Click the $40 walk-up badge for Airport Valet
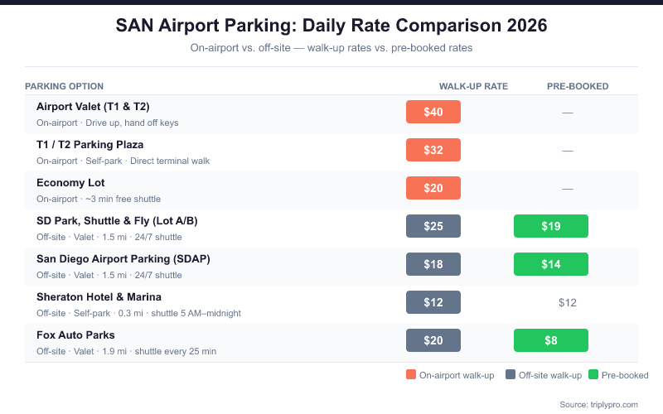(x=433, y=112)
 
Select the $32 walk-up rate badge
(x=433, y=150)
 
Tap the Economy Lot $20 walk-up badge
(x=433, y=188)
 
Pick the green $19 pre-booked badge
(x=550, y=226)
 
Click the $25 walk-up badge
(x=433, y=226)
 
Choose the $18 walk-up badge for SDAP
(x=433, y=264)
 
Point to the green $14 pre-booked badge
(x=550, y=264)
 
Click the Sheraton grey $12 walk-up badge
(x=433, y=302)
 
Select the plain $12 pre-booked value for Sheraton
(x=567, y=302)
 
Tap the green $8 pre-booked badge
(x=550, y=340)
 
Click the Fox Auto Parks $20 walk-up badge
(x=433, y=340)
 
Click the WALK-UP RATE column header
(x=473, y=86)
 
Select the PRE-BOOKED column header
(x=578, y=86)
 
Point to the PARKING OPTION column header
(x=64, y=86)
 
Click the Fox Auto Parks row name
(x=75, y=335)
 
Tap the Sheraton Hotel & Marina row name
(x=99, y=296)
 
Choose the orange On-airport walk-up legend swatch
(x=411, y=375)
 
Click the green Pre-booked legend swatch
(x=593, y=375)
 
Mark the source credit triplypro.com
(x=598, y=403)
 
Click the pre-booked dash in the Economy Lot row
(x=567, y=188)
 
